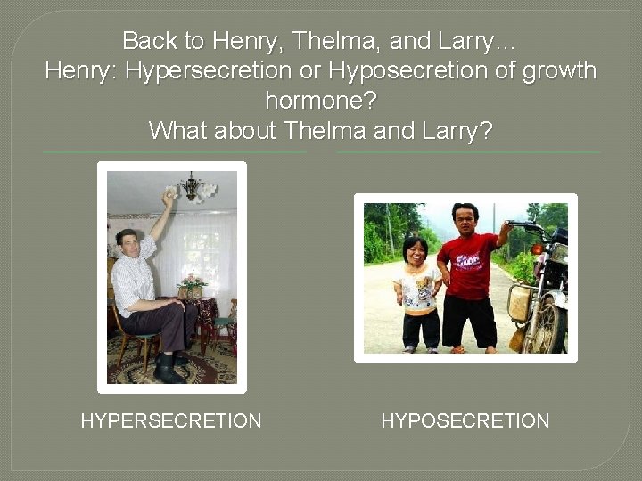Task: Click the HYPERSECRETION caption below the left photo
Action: [x=171, y=420]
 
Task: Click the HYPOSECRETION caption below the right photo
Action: [x=465, y=420]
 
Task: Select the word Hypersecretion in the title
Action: [x=209, y=70]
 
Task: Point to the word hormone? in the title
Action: [x=321, y=100]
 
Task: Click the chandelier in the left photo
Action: [x=193, y=188]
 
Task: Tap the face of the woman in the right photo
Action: [x=415, y=250]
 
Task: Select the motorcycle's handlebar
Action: [x=526, y=228]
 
